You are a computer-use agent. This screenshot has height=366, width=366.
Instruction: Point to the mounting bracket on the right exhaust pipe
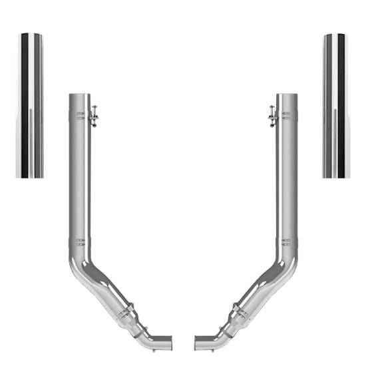click(x=272, y=116)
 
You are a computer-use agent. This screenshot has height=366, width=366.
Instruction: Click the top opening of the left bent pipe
click(x=79, y=95)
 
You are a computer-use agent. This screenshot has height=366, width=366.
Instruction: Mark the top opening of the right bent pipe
click(x=287, y=95)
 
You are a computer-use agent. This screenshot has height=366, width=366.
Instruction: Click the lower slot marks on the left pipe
click(x=80, y=241)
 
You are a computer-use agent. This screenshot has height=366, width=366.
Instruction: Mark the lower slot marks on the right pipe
click(x=286, y=241)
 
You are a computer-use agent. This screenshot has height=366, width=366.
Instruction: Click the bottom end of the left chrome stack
click(x=29, y=175)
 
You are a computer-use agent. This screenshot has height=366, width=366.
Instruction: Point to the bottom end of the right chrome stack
click(x=336, y=175)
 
